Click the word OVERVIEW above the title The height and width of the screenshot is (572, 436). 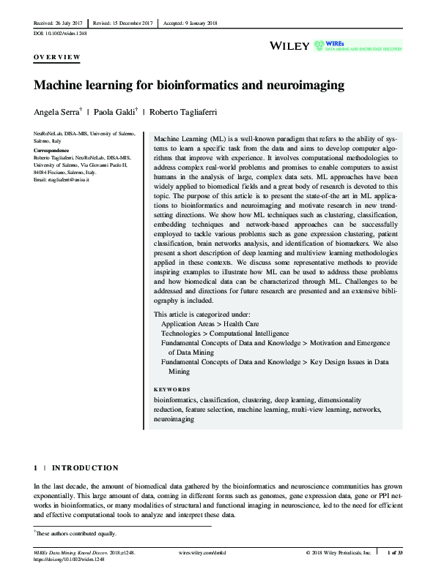(58, 56)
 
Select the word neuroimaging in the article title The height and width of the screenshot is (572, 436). (308, 86)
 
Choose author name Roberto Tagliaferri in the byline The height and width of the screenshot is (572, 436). (185, 112)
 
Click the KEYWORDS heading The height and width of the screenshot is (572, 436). (171, 390)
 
